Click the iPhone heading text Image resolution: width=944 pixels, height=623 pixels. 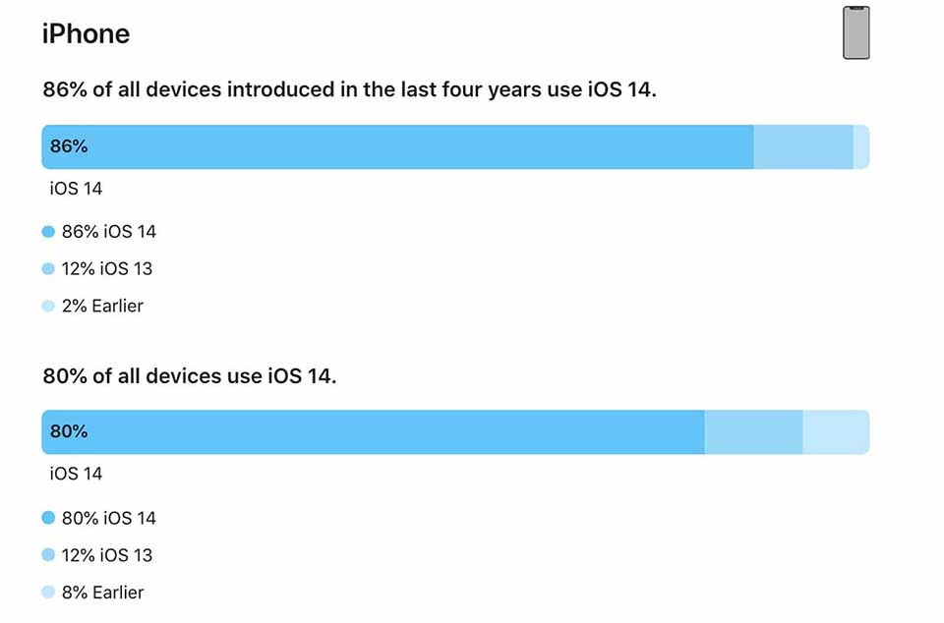coord(86,34)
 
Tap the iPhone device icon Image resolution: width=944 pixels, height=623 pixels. coord(856,32)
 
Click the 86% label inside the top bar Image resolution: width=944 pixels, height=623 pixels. coord(69,146)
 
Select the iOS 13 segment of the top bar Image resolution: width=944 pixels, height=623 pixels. coord(802,146)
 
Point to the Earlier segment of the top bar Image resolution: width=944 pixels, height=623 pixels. coord(861,146)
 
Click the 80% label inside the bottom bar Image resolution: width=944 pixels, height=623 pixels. coord(69,431)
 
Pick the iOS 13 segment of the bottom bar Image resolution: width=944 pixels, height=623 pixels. coord(753,431)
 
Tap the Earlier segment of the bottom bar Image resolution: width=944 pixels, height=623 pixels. coord(836,431)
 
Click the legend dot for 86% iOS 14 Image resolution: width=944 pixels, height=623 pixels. coord(48,232)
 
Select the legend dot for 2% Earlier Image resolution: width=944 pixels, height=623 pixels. coord(48,307)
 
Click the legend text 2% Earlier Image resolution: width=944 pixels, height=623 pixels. coord(102,307)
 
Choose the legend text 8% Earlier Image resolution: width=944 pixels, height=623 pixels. coord(102,593)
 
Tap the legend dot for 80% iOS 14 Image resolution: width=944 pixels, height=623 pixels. coord(48,518)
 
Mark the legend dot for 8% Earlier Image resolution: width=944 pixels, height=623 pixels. coord(48,593)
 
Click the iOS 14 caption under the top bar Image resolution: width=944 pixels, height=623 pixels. coord(76,188)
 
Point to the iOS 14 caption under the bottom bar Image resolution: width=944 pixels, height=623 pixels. coord(76,474)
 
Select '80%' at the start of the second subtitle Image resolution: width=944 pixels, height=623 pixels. coord(65,376)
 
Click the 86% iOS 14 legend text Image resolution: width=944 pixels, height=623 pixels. coord(108,232)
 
